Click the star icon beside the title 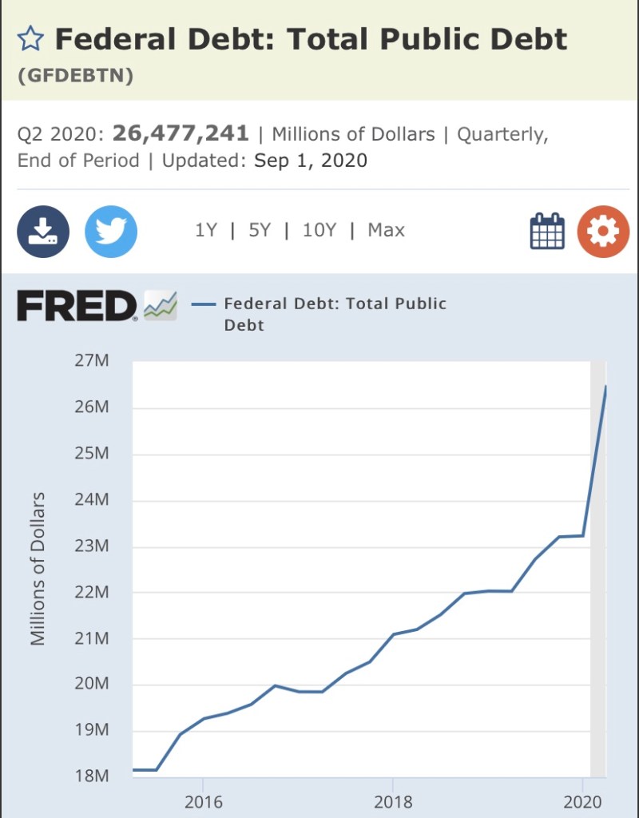click(30, 38)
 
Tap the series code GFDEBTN click(75, 77)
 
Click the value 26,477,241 click(181, 133)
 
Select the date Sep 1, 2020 click(311, 161)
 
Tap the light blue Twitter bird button click(111, 232)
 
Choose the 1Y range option click(205, 230)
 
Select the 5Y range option click(260, 230)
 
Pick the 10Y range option click(319, 230)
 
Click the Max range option click(386, 230)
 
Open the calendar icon click(547, 232)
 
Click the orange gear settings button click(603, 232)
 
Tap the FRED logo click(77, 306)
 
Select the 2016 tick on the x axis click(204, 802)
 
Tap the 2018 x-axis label click(393, 802)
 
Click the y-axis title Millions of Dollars click(38, 569)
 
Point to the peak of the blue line click(605, 387)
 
